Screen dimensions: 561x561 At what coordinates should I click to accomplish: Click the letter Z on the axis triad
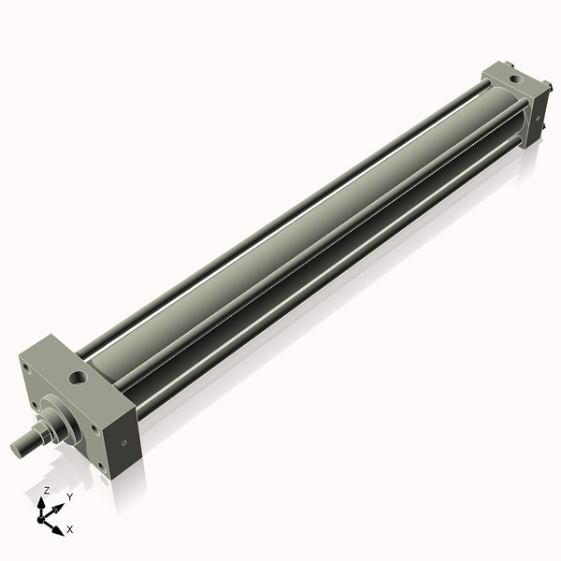tap(47, 490)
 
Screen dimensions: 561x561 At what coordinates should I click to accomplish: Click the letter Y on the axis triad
tap(69, 497)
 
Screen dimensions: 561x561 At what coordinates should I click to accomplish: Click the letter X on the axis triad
tap(70, 529)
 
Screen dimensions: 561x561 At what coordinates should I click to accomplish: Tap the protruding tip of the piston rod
tap(19, 449)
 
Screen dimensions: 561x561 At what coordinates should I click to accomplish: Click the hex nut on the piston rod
tap(44, 432)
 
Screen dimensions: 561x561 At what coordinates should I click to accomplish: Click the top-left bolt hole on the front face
tap(29, 367)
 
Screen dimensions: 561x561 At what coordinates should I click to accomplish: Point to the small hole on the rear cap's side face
tap(539, 119)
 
